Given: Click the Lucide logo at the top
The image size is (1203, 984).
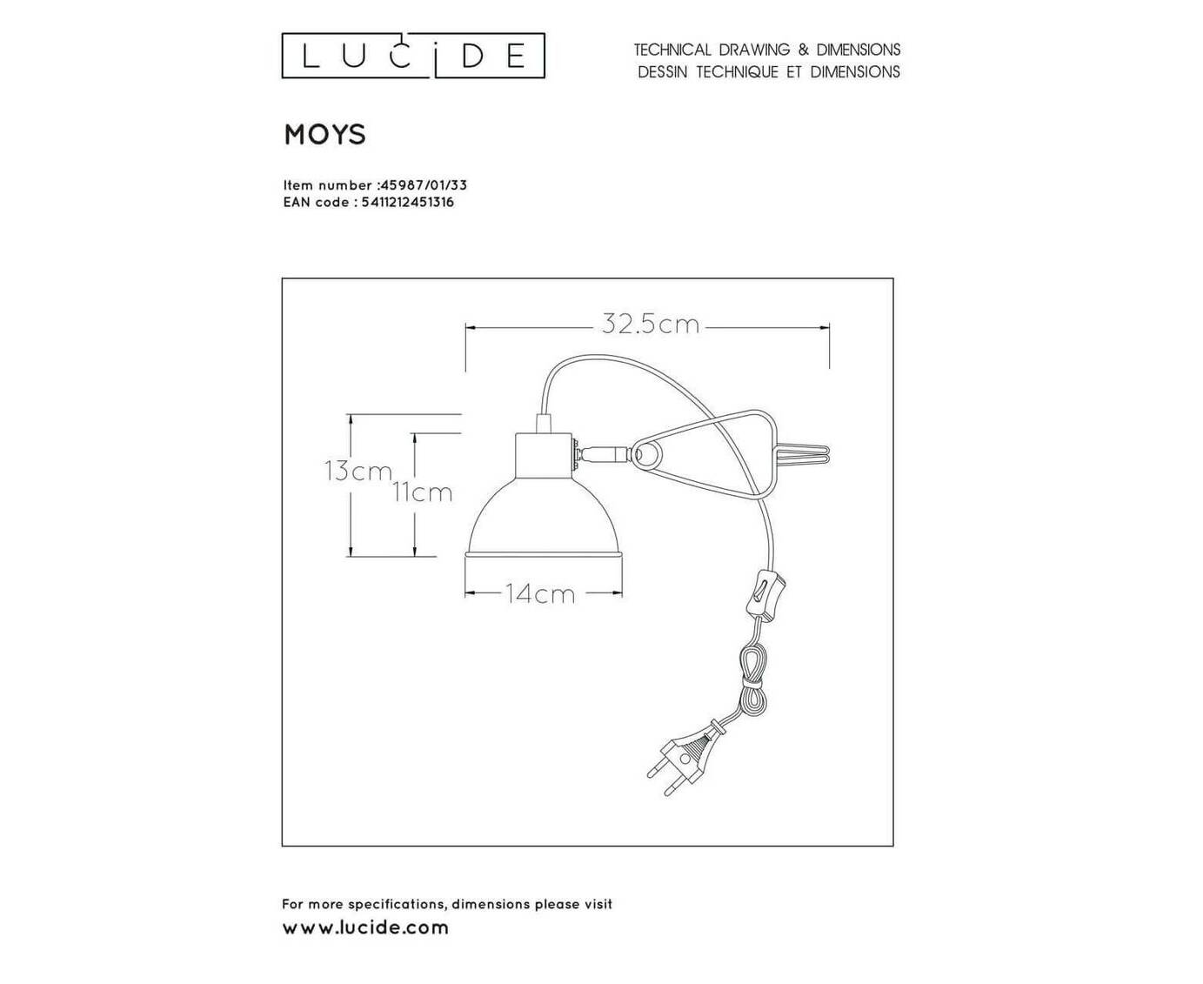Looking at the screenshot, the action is click(x=413, y=56).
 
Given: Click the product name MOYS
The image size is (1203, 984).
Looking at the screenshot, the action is click(x=325, y=135).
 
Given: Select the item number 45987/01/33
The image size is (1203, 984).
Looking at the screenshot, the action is click(x=424, y=184).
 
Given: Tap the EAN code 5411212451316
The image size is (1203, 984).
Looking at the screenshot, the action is click(x=408, y=202).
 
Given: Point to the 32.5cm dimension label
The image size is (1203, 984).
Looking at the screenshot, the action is click(x=651, y=325).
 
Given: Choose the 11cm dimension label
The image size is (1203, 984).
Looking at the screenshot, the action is click(x=422, y=492).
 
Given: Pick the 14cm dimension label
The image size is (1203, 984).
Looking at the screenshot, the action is click(x=540, y=595).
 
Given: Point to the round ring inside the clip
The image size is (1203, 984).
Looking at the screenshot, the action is click(x=647, y=455).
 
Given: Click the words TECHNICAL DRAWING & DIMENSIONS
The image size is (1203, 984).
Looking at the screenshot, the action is click(x=767, y=50).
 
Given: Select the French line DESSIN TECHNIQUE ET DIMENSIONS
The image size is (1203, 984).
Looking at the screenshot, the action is click(x=769, y=72).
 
